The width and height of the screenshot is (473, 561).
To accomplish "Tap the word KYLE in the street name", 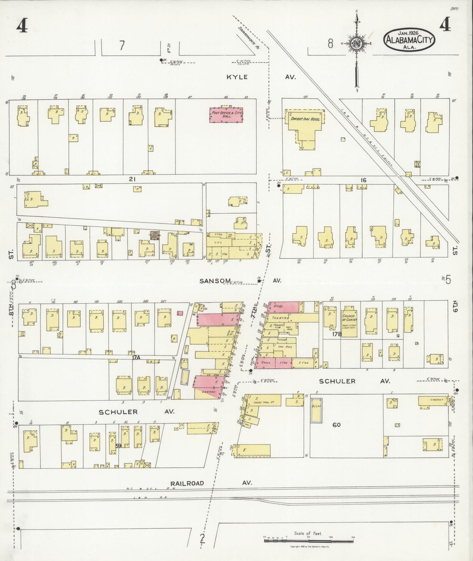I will pyautogui.click(x=237, y=77).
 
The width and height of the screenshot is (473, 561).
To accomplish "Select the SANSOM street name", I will pyautogui.click(x=213, y=280).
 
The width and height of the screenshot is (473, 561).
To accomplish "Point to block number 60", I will pyautogui.click(x=336, y=425).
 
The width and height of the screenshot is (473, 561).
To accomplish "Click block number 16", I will pyautogui.click(x=363, y=180).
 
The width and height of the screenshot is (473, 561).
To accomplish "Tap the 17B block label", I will pyautogui.click(x=336, y=334).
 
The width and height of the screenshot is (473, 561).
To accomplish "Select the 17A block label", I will pyautogui.click(x=136, y=357).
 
